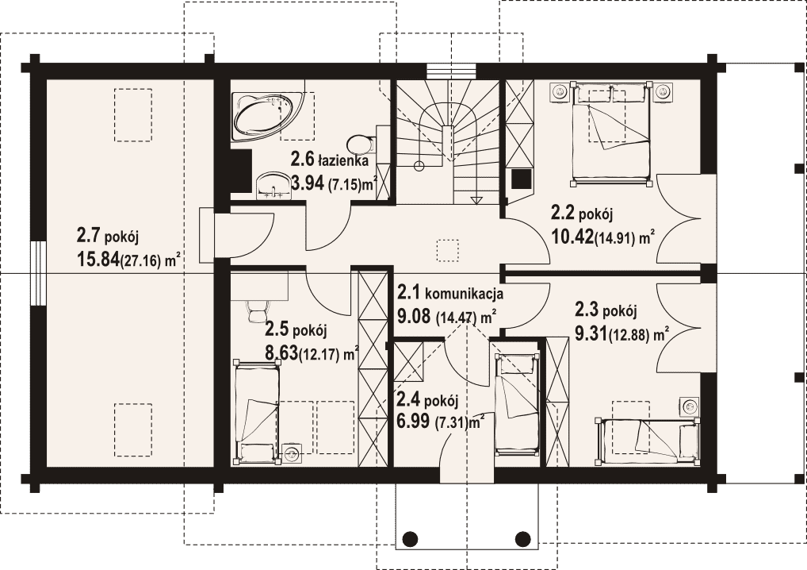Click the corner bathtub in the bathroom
point(264,115)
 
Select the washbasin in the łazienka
point(273,186)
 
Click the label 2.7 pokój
point(108,237)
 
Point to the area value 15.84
point(98,260)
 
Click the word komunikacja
point(464,295)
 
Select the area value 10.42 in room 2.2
point(572,237)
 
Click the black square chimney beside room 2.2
point(521,179)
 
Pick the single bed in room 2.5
point(258,412)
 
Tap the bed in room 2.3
point(648,440)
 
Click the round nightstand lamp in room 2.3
point(689,406)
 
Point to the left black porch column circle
point(410,539)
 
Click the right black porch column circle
point(523,539)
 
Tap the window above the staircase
point(449,71)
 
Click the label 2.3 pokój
point(606,310)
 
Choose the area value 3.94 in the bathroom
point(308,183)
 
